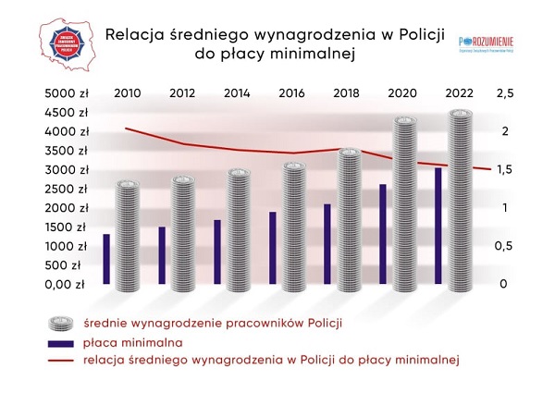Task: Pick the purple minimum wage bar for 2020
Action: coord(382,235)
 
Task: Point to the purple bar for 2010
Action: coord(106,260)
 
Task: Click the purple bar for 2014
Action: coord(217,252)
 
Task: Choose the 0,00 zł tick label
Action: coord(65,284)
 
